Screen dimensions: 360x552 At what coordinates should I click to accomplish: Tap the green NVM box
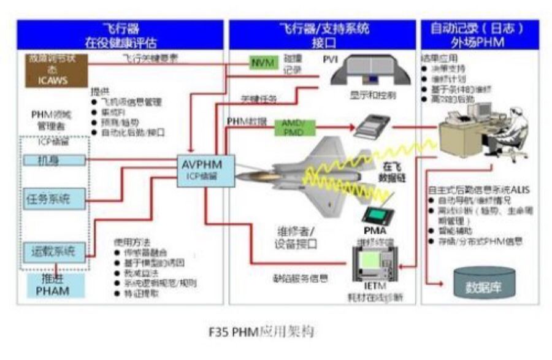[x=263, y=63]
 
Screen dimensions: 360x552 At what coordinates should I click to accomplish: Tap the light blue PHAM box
[x=56, y=285]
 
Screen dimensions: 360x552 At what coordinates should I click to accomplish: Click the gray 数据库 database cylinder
[x=483, y=283]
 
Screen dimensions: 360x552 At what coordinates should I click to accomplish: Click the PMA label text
[x=375, y=231]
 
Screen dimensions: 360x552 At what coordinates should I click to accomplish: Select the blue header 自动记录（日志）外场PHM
[x=480, y=35]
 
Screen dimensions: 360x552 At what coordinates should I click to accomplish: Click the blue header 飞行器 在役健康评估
[x=120, y=35]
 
